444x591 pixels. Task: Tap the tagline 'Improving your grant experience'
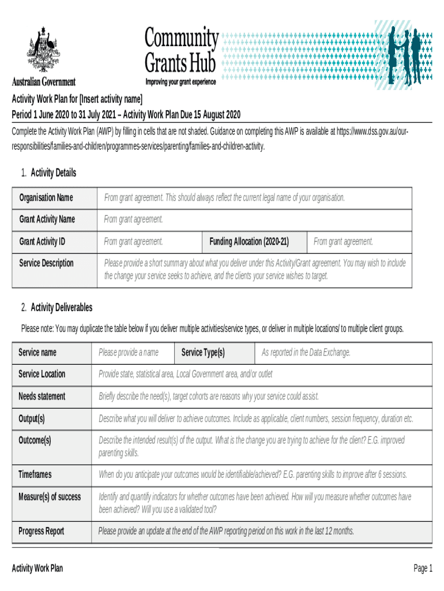pos(180,82)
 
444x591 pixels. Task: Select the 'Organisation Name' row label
pos(46,198)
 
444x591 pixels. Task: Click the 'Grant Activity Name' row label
pos(47,219)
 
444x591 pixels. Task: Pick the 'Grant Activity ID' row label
pos(42,241)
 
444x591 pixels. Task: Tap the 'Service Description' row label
pos(47,263)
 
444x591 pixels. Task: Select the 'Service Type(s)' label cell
pos(203,352)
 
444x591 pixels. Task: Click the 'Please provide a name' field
pos(128,352)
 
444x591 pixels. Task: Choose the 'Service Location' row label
pos(42,374)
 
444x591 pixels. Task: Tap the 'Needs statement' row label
pos(42,397)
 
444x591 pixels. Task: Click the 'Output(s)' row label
pos(32,418)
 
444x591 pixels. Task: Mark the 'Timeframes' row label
pos(35,474)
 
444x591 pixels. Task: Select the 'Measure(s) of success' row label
pos(50,496)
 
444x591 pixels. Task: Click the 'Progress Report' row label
pos(42,531)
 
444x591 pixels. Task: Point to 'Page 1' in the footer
pos(422,568)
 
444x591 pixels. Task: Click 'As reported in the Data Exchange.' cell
pos(306,352)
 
